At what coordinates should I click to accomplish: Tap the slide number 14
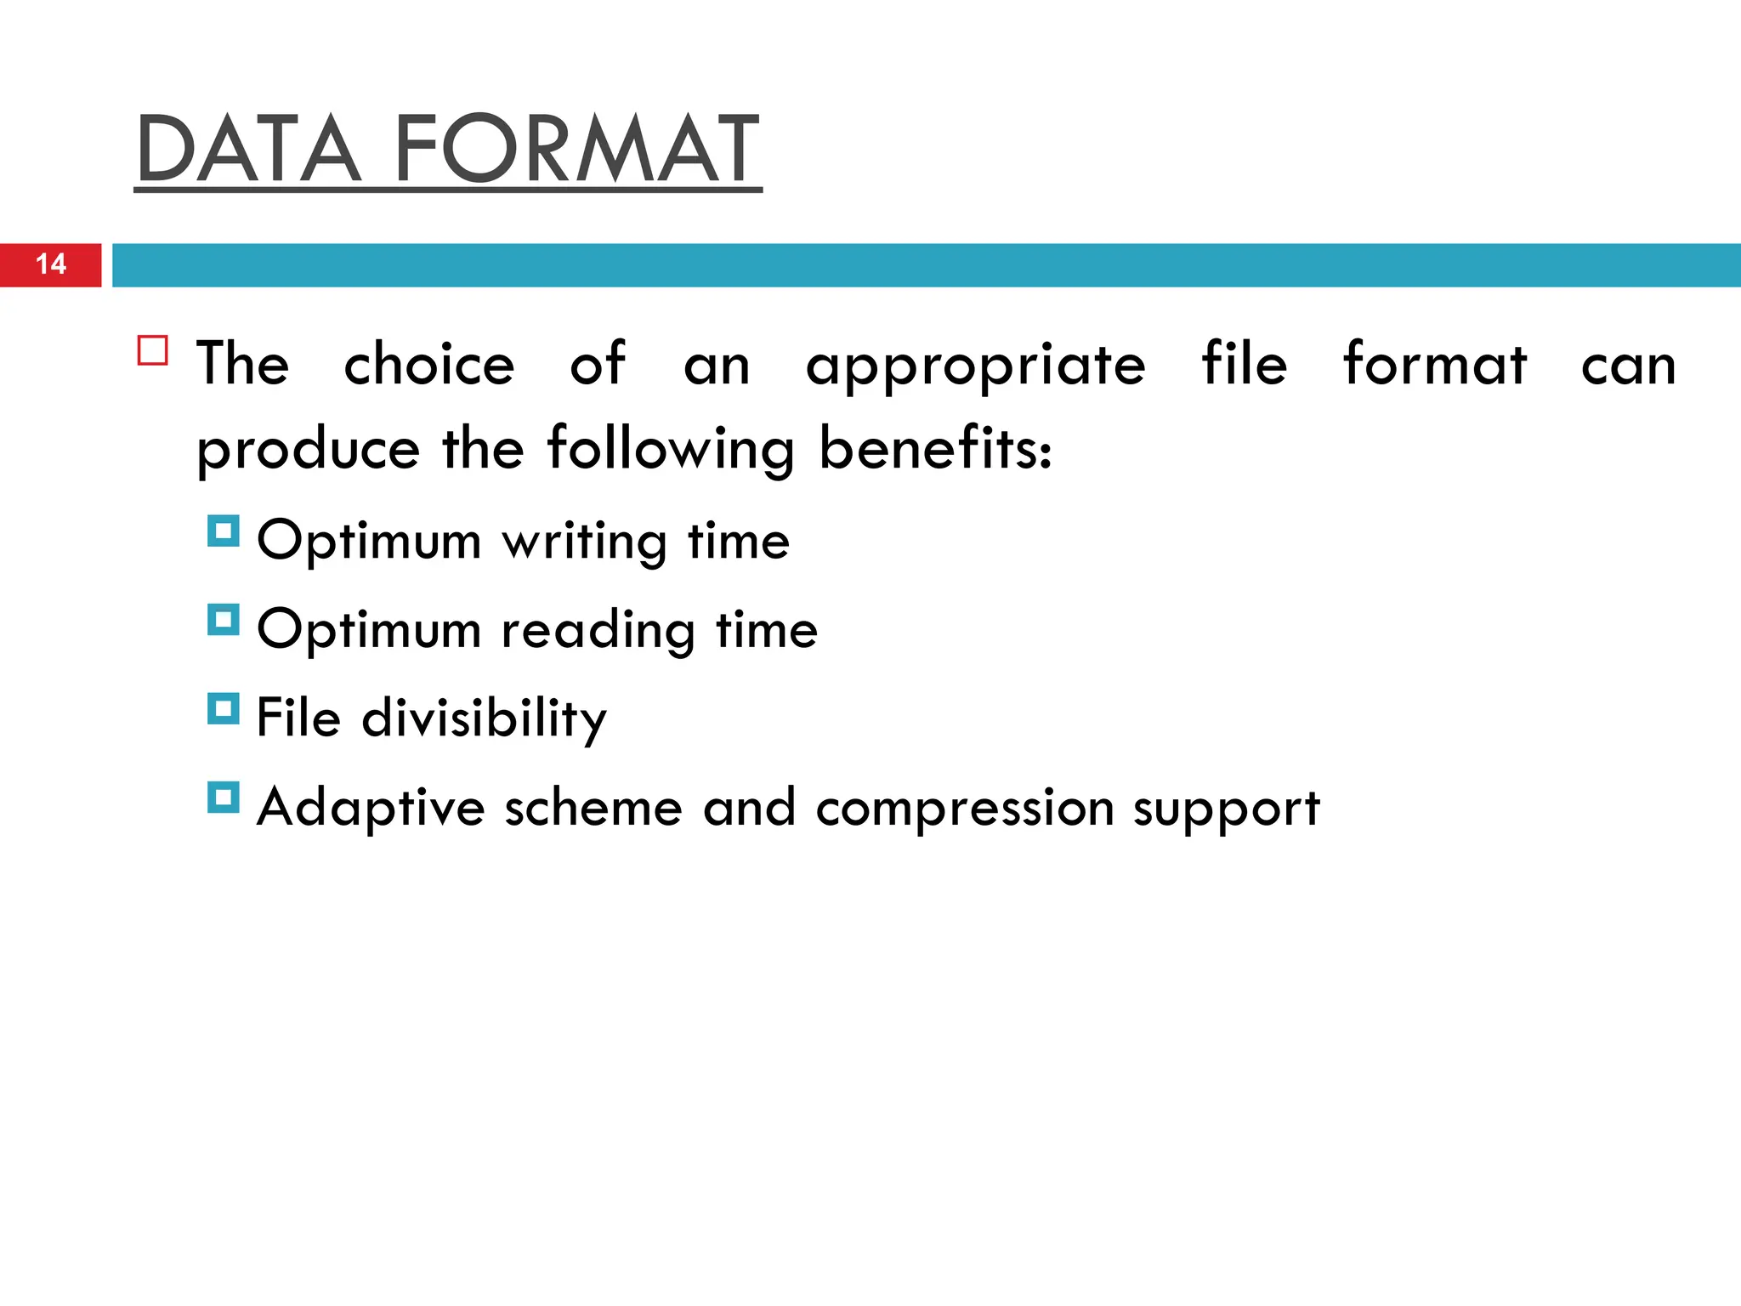click(51, 264)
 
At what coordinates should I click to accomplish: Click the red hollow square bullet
click(153, 350)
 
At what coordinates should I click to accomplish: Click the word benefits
click(935, 448)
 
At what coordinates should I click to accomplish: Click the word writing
click(585, 542)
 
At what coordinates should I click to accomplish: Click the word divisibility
click(485, 719)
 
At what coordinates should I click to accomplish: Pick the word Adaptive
click(371, 808)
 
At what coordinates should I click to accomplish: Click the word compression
click(965, 808)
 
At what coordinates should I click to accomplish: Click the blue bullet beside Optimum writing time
click(224, 531)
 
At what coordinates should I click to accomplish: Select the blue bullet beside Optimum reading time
click(224, 620)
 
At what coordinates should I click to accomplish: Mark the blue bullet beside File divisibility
click(224, 709)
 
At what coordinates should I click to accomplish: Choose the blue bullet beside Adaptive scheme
click(224, 798)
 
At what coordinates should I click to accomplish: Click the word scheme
click(593, 808)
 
